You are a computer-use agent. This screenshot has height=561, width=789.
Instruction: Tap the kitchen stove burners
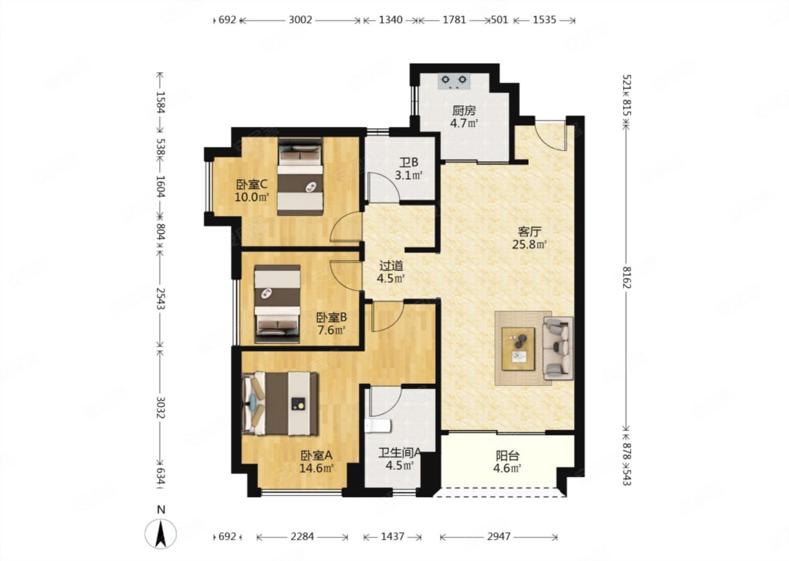pos(454,81)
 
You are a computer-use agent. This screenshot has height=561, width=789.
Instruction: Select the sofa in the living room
pos(558,348)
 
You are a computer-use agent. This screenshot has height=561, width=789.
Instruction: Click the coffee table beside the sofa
pos(518,349)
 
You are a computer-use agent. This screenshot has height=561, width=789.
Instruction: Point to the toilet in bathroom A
pos(378,426)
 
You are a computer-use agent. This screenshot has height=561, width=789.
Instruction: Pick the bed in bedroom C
pos(300,176)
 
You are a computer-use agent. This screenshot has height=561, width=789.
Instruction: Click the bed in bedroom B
pos(278,304)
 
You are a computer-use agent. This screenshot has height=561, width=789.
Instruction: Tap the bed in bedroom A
pos(281,404)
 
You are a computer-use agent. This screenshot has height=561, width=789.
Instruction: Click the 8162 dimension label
pos(626,278)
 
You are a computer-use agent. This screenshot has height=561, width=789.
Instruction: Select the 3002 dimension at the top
pos(300,20)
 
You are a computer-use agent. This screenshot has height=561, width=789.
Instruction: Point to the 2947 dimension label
pos(499,536)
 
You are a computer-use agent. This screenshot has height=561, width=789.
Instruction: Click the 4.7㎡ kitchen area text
pos(464,123)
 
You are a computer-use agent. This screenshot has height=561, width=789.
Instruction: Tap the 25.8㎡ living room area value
pos(529,244)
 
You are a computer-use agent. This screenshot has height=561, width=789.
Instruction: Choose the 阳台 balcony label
pos(507,456)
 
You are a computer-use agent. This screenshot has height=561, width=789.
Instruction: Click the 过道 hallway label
pos(391,266)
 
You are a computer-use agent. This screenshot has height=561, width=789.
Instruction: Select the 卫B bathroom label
pos(409,162)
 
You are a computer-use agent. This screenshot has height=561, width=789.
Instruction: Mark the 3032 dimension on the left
pos(161,408)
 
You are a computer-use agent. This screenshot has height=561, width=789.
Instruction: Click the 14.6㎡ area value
pos(316,468)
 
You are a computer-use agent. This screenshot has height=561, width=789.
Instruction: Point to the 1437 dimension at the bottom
pos(392,536)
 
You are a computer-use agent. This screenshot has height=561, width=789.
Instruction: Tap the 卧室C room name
pos(252,184)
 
